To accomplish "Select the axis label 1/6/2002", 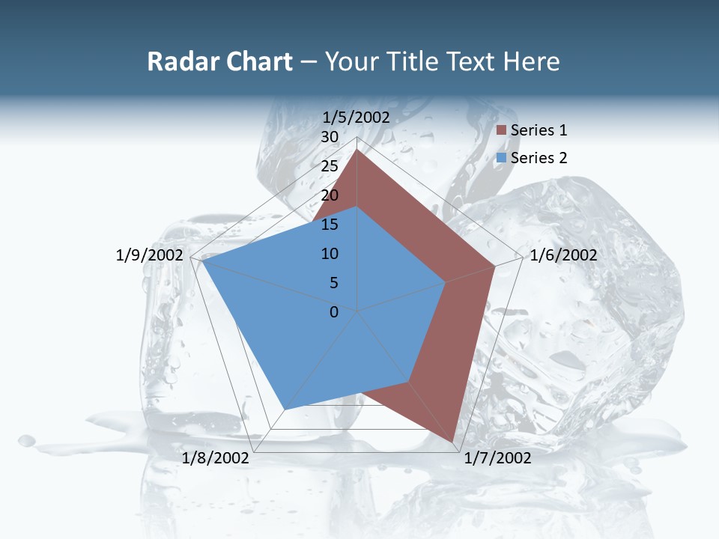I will (563, 255).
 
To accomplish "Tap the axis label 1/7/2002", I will (497, 458).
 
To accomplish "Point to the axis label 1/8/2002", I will (216, 458).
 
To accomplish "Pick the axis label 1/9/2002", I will (150, 255).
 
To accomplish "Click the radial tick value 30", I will (330, 137).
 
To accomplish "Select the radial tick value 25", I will (330, 166).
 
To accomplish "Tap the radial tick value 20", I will (330, 195).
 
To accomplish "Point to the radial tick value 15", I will (330, 225).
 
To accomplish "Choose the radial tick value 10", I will (330, 254).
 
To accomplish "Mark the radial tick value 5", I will (333, 283).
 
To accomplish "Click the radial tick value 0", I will (334, 312).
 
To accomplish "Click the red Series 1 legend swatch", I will (501, 130).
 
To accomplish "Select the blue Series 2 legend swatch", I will (501, 158).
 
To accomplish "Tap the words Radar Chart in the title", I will (219, 61).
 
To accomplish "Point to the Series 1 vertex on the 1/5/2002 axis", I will (357, 150).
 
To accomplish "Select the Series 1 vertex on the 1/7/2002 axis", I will (454, 442).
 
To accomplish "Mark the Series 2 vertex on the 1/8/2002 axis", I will (284, 409).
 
